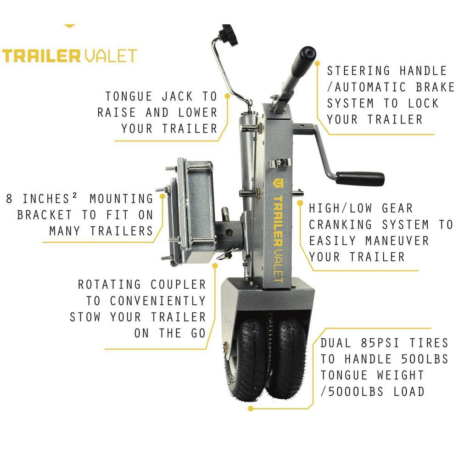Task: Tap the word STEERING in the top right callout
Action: (358, 71)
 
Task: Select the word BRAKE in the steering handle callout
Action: (435, 87)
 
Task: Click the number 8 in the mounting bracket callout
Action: (9, 198)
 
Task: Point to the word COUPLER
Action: (178, 285)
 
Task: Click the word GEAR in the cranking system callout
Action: (397, 208)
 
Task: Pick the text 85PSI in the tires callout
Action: (380, 343)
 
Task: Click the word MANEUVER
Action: (397, 241)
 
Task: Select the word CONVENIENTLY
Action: (158, 301)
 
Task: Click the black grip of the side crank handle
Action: (360, 179)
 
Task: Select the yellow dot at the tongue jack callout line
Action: (227, 96)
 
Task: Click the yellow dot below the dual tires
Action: (250, 409)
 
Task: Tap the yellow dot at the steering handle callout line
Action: (318, 63)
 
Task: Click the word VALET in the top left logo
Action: (111, 56)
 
